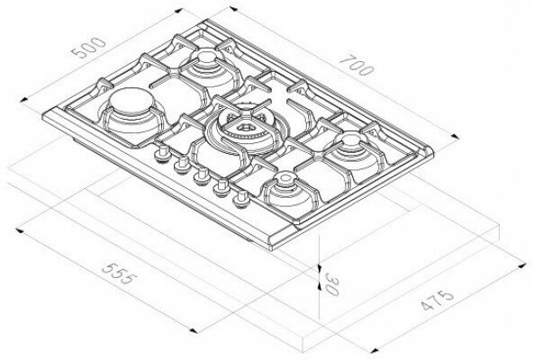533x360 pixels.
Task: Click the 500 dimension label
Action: click(x=89, y=48)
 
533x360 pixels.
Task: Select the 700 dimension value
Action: click(x=357, y=66)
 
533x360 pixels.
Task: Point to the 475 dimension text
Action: click(x=438, y=301)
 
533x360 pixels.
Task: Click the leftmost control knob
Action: click(x=162, y=154)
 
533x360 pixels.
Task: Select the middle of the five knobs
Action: click(x=202, y=176)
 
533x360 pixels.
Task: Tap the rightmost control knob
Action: click(x=241, y=200)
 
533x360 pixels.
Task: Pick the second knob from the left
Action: click(x=182, y=165)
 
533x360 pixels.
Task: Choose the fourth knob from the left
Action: click(x=221, y=187)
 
